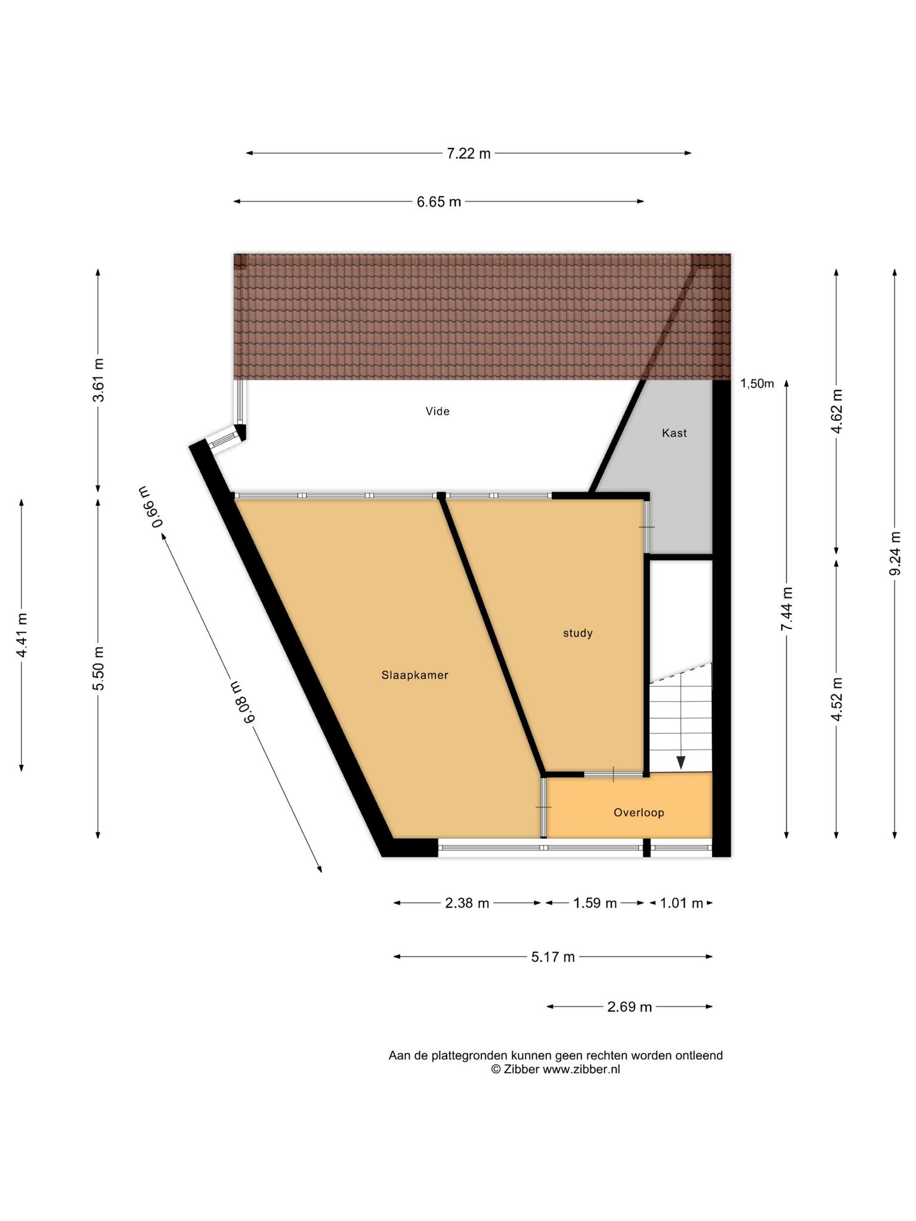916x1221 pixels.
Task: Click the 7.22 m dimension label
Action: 469,154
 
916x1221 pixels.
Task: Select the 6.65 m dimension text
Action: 439,202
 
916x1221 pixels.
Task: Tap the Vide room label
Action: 437,411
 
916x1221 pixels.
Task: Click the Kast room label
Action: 674,433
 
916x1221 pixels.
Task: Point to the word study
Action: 578,633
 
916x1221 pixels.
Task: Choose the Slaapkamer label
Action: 415,675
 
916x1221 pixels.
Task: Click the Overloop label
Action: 639,813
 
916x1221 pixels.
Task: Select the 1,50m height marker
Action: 757,384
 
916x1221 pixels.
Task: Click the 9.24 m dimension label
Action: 895,554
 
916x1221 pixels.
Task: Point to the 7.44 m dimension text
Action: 787,609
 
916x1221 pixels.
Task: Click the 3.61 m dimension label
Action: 98,380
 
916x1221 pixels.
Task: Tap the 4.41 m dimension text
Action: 22,636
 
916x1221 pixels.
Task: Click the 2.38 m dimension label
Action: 467,903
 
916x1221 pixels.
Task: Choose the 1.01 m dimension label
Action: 682,903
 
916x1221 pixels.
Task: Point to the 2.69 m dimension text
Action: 630,1007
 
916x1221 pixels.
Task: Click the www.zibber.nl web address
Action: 581,1070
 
